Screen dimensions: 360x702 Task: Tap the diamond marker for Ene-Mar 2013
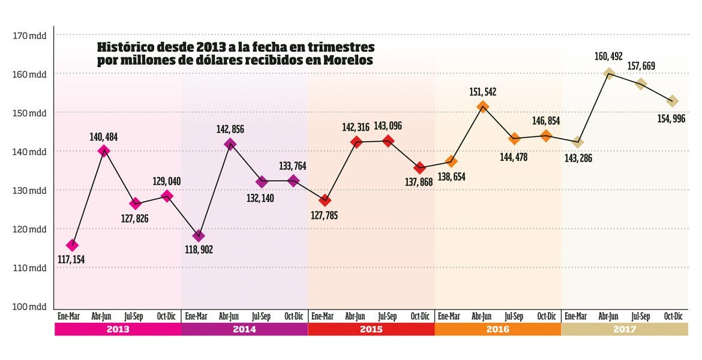pyautogui.click(x=73, y=245)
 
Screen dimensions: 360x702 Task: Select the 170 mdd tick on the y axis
pyautogui.click(x=29, y=35)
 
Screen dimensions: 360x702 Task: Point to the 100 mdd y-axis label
pyautogui.click(x=29, y=307)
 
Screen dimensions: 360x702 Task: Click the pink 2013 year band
pyautogui.click(x=118, y=329)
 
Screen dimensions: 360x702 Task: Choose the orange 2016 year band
pyautogui.click(x=497, y=329)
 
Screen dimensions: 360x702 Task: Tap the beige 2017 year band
pyautogui.click(x=624, y=329)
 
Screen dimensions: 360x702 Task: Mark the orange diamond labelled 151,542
pyautogui.click(x=483, y=107)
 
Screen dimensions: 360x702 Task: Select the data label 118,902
pyautogui.click(x=199, y=250)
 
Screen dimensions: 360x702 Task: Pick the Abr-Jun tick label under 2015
pyautogui.click(x=355, y=316)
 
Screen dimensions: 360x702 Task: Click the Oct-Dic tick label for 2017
pyautogui.click(x=673, y=316)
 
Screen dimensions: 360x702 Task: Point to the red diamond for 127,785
pyautogui.click(x=325, y=200)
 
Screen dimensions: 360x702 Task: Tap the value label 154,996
pyautogui.click(x=671, y=119)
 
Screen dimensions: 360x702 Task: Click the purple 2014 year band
pyautogui.click(x=244, y=329)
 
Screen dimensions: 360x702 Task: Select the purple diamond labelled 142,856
pyautogui.click(x=230, y=144)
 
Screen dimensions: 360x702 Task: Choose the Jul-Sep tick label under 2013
pyautogui.click(x=134, y=316)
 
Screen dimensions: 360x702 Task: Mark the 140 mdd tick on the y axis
pyautogui.click(x=29, y=151)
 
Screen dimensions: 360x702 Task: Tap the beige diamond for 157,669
pyautogui.click(x=641, y=84)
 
